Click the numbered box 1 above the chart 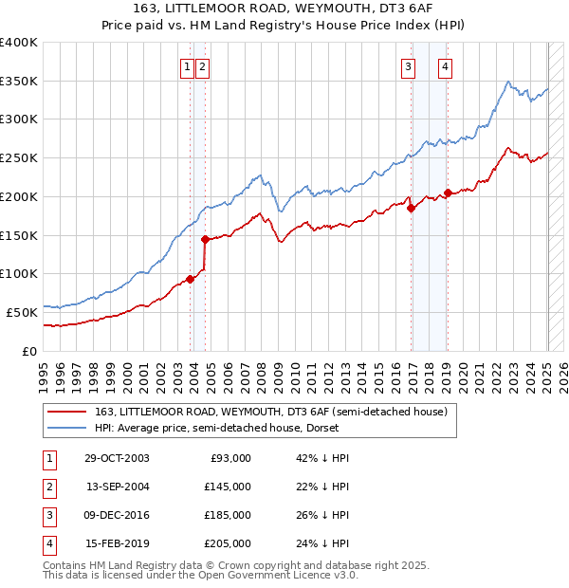click(x=188, y=66)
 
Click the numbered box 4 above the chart click(x=445, y=66)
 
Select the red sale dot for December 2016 click(x=412, y=209)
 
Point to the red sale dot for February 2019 click(x=448, y=193)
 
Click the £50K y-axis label click(x=22, y=311)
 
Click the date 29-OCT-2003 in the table click(x=117, y=458)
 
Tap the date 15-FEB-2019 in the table click(x=117, y=543)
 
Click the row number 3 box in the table click(x=46, y=515)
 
